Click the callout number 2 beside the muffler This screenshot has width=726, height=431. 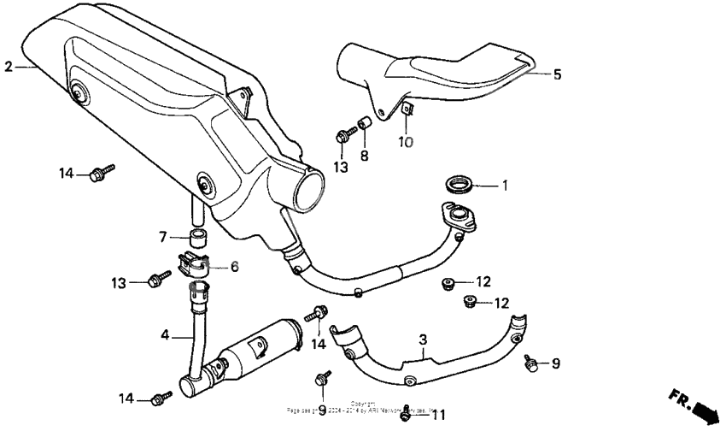click(x=9, y=66)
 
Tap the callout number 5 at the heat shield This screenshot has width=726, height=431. click(x=557, y=74)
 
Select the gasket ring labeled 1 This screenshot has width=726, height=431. click(x=460, y=184)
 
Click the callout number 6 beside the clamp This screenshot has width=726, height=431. click(x=234, y=267)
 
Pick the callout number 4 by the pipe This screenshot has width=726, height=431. click(x=165, y=336)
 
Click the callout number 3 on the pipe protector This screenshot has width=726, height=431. click(x=422, y=340)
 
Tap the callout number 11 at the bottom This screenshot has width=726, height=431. click(x=439, y=415)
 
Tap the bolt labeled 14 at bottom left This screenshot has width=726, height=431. click(x=160, y=398)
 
